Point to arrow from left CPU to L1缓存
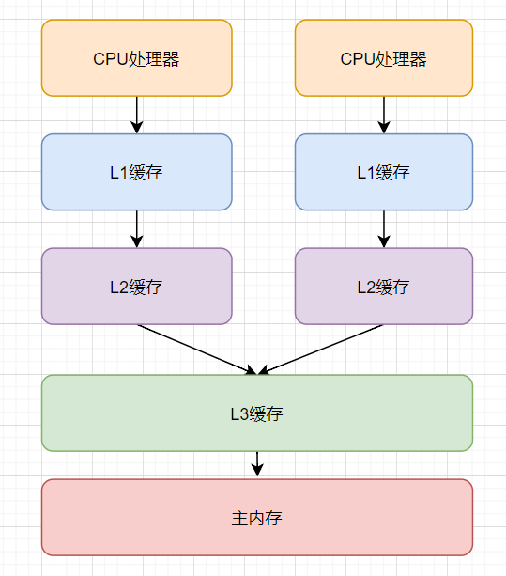point(137,114)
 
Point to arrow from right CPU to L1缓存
point(383,114)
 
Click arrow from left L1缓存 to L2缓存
point(137,228)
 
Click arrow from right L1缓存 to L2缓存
point(383,228)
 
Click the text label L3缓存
point(256,413)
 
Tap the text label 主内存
point(256,518)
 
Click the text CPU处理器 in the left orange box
point(136,59)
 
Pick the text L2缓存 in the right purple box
point(383,287)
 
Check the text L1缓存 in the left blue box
point(136,172)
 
